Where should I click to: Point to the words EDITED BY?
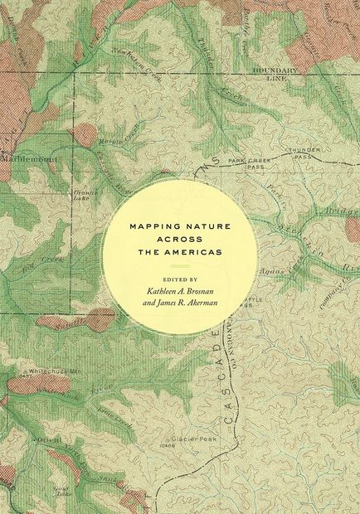(x=180, y=280)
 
